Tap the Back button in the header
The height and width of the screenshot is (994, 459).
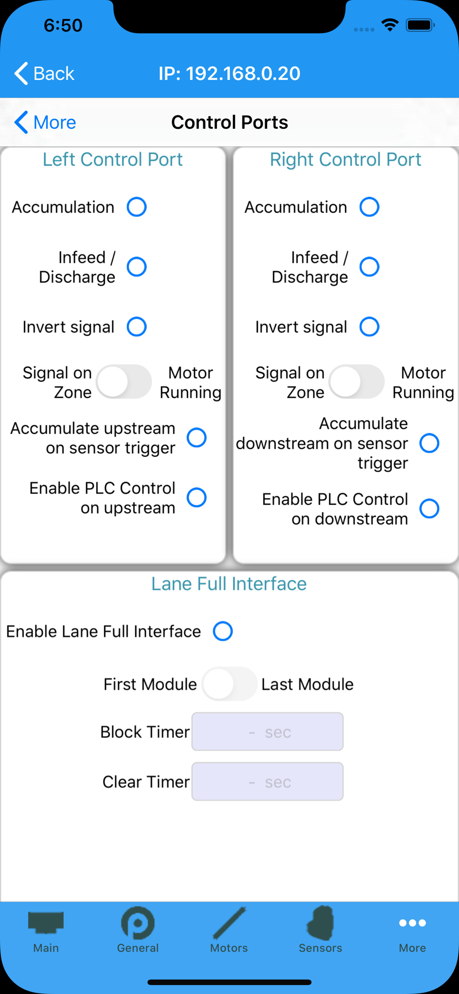(x=44, y=74)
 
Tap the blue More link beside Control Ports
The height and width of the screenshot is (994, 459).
(x=45, y=122)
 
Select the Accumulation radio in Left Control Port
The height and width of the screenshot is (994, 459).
(x=137, y=207)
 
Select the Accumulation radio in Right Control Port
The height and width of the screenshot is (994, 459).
(x=370, y=207)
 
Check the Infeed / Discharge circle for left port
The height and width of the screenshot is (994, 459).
(x=137, y=267)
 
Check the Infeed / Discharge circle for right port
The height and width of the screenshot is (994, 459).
(x=370, y=267)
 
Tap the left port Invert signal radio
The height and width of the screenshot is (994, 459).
(x=137, y=327)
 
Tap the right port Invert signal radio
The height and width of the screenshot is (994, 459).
(x=370, y=327)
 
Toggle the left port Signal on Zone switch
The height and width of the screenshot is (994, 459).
(x=124, y=382)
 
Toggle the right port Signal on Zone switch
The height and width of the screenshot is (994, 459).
(x=357, y=382)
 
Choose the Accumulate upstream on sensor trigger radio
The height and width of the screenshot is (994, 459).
(x=197, y=438)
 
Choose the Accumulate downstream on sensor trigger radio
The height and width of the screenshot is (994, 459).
(x=430, y=443)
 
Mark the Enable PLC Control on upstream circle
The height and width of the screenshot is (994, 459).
(x=197, y=497)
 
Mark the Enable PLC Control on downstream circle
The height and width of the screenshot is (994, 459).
(x=430, y=508)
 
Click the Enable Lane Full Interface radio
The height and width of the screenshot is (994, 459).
(x=223, y=631)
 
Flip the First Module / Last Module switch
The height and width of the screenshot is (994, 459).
(x=229, y=684)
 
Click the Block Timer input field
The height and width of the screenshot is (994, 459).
(x=268, y=732)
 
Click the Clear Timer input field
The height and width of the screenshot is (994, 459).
(x=268, y=782)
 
